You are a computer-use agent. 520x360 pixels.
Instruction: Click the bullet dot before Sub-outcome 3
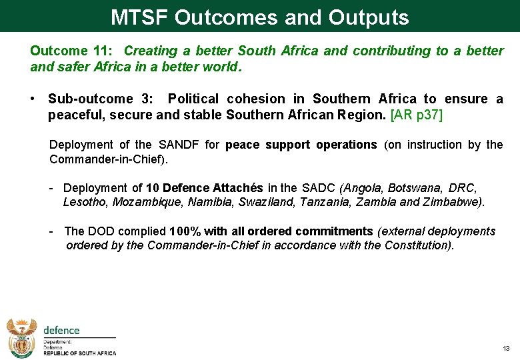tap(32, 99)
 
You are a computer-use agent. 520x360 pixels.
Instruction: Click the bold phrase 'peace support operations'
tap(301, 145)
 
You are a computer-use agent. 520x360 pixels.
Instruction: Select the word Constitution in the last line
tap(419, 245)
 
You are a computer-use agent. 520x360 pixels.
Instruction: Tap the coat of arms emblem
tap(22, 337)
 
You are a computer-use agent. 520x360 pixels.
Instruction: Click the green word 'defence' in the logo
tap(61, 330)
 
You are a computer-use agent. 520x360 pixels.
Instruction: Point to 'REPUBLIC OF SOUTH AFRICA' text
tap(80, 353)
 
